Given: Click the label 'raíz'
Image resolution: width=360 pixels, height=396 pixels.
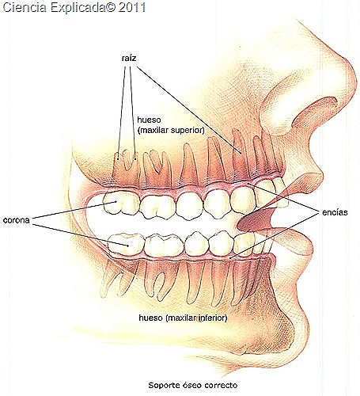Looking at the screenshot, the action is pyautogui.click(x=129, y=58).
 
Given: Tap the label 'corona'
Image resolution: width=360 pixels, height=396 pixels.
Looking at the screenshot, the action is pyautogui.click(x=17, y=220).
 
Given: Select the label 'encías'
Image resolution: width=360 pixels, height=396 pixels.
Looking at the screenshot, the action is pyautogui.click(x=335, y=212).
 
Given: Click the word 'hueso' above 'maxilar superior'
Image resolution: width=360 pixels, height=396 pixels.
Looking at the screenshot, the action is pyautogui.click(x=149, y=120).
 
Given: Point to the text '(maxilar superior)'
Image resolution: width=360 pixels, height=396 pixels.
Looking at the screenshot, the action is pyautogui.click(x=171, y=130).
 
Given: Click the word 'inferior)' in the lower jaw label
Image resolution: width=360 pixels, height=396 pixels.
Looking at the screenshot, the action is pyautogui.click(x=213, y=318).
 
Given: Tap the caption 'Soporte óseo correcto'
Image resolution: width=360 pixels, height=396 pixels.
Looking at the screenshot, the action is pyautogui.click(x=193, y=385).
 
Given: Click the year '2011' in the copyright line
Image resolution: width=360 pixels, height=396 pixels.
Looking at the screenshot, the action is pyautogui.click(x=132, y=7).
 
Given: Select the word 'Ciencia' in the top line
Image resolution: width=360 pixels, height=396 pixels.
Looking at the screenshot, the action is pyautogui.click(x=25, y=7).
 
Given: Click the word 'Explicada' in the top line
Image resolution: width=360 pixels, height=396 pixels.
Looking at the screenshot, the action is pyautogui.click(x=78, y=8).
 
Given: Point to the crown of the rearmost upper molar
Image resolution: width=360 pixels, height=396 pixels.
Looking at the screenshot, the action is pyautogui.click(x=121, y=203).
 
